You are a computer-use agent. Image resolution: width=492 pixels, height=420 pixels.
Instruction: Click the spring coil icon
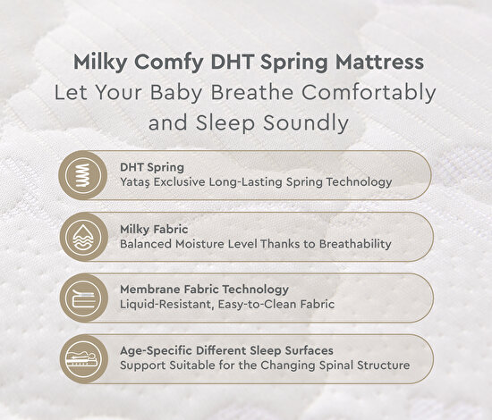coord(83,175)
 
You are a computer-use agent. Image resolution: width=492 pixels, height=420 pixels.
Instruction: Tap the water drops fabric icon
coord(83,236)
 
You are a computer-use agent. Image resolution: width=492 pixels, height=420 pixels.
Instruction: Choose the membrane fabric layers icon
coord(83,297)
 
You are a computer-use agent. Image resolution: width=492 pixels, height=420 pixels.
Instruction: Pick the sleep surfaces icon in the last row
coord(83,357)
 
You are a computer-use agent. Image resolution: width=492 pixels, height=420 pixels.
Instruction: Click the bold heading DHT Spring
coord(152,166)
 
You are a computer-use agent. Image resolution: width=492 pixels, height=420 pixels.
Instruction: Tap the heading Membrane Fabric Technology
coord(204,289)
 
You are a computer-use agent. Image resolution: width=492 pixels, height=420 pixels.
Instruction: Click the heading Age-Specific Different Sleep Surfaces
coord(233,349)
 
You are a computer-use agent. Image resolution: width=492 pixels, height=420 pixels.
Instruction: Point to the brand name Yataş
coord(137,182)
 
